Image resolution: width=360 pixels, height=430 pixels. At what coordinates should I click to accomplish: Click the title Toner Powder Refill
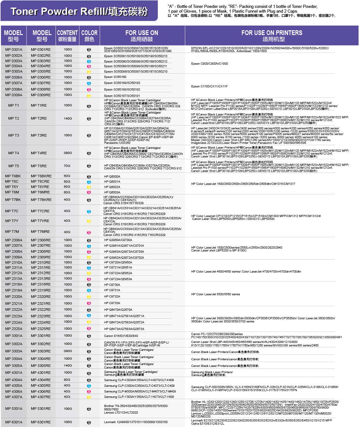click(79, 12)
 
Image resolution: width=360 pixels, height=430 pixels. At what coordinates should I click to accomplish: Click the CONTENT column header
click(67, 36)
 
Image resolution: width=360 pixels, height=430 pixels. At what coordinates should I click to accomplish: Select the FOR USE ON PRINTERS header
click(272, 36)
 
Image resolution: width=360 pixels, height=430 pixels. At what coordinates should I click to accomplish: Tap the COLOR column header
click(89, 36)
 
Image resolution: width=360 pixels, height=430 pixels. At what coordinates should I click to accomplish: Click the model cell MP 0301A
click(14, 50)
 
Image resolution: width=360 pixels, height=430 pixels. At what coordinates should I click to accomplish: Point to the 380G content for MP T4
click(68, 153)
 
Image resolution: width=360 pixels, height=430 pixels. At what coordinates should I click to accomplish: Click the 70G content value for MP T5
click(67, 166)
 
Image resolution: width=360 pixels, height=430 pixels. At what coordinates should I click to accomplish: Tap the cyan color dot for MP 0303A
click(89, 61)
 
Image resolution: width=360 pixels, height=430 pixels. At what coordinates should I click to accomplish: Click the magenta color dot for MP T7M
click(89, 233)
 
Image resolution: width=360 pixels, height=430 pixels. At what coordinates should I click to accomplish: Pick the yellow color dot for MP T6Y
click(89, 187)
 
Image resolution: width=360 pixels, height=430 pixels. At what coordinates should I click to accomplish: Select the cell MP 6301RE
click(41, 422)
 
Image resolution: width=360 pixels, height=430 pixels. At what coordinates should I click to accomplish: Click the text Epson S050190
click(115, 77)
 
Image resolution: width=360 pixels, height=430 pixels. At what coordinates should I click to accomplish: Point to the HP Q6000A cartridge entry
click(112, 177)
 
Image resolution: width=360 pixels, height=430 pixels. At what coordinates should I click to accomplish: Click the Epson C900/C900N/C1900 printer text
click(209, 64)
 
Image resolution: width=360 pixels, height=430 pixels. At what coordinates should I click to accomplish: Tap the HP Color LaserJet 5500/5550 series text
click(215, 294)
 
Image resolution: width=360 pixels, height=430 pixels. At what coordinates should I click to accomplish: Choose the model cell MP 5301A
click(14, 409)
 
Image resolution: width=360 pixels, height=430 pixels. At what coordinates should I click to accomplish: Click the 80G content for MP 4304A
click(67, 380)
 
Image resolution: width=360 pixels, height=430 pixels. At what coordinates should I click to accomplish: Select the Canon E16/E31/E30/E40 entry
click(121, 336)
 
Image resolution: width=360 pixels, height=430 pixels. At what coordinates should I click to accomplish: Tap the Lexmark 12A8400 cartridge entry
click(136, 422)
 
